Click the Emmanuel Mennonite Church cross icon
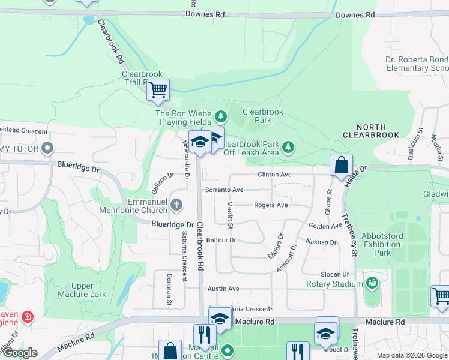[x=176, y=205]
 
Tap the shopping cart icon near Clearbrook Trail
[x=158, y=91]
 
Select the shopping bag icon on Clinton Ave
[x=340, y=165]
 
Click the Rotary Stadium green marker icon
[x=372, y=281]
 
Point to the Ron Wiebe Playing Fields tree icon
[x=221, y=115]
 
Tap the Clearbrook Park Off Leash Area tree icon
[x=288, y=146]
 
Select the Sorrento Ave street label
[x=224, y=190]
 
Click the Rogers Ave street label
[x=271, y=205]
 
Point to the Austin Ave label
[x=223, y=289]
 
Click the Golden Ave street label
[x=325, y=226]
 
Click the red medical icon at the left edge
[x=26, y=316]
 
